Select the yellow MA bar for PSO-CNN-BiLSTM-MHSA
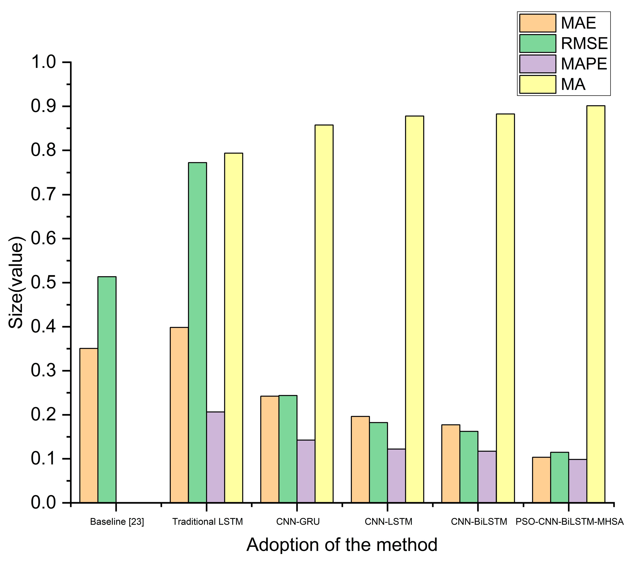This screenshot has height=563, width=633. coord(596,304)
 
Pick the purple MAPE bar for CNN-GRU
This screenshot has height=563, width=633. coord(306,471)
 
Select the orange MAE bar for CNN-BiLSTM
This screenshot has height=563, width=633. coord(450,464)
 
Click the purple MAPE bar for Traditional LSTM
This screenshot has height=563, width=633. coord(216,457)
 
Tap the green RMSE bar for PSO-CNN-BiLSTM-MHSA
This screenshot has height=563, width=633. coord(560,477)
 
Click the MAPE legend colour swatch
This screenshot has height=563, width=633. coord(537,64)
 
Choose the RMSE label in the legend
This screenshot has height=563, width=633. coord(584,43)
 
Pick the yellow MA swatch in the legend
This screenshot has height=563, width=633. coord(537,84)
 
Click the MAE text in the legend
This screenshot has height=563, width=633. coord(579,23)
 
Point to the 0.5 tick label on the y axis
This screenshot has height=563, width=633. coord(43,283)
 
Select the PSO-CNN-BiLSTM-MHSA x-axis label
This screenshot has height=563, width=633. coord(569,522)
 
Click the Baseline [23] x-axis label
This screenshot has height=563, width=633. coord(117,522)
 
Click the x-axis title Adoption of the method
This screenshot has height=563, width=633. coord(342,545)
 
